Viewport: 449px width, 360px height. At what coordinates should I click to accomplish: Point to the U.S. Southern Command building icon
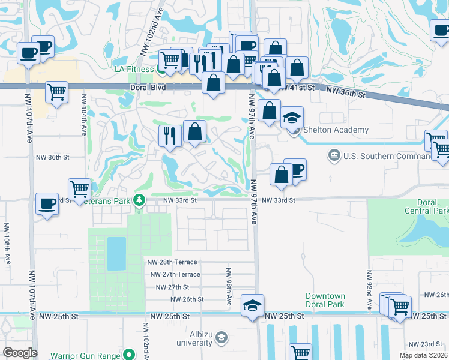pos(333,157)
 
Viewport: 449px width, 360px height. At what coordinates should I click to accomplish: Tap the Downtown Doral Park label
pos(325,301)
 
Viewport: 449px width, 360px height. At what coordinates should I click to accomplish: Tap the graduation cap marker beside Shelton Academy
pos(292,118)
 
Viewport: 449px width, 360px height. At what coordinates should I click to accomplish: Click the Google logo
pos(19,353)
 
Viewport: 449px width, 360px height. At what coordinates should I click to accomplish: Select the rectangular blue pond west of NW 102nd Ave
pos(116,253)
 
